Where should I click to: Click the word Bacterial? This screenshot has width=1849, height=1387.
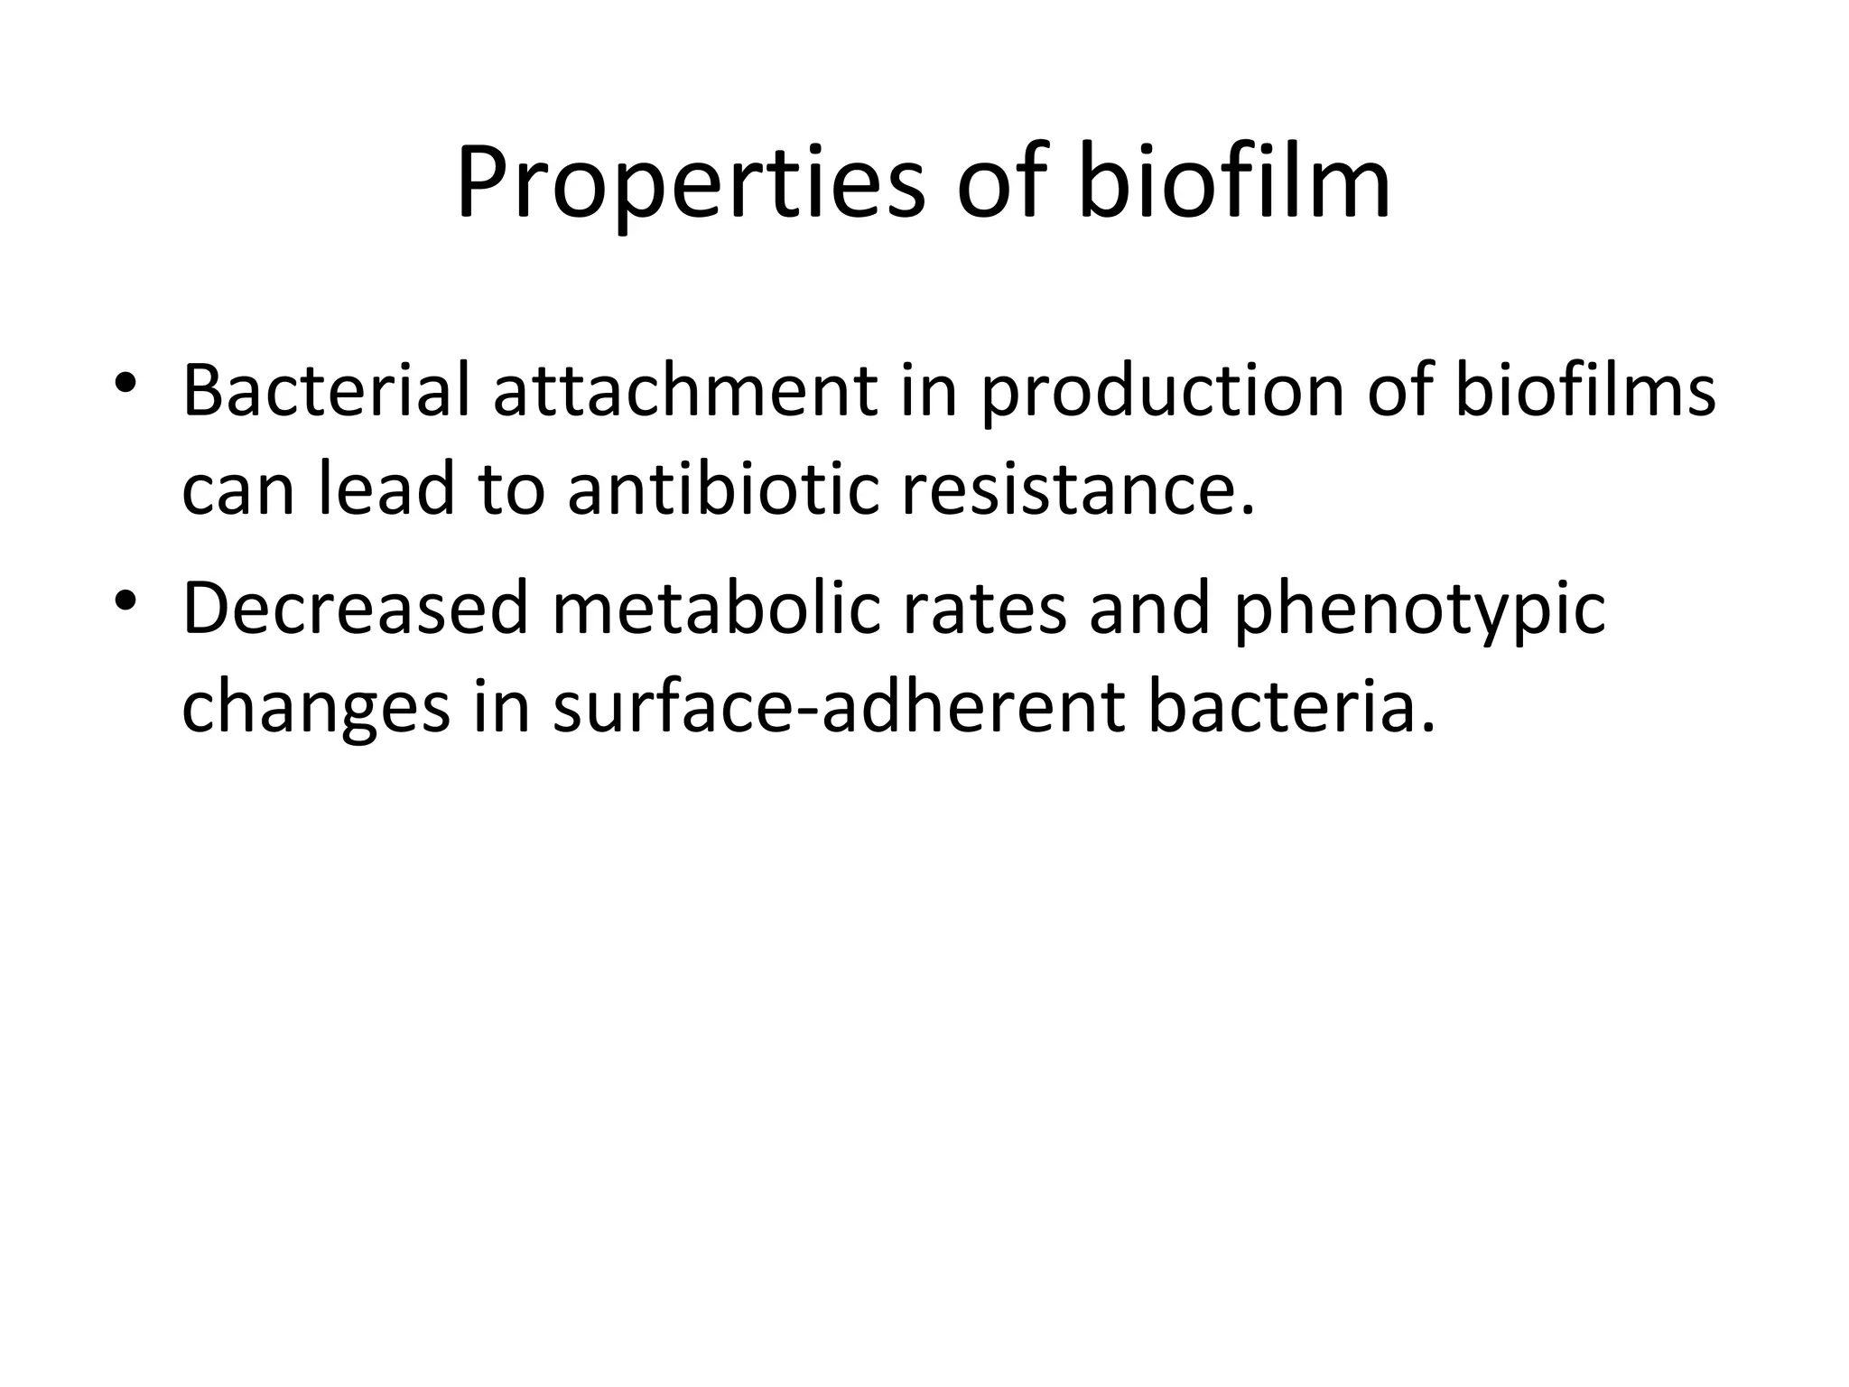326,391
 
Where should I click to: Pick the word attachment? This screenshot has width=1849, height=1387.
685,391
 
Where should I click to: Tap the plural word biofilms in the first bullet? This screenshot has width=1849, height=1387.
1585,391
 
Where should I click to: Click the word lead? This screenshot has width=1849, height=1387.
386,489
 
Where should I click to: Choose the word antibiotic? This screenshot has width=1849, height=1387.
723,489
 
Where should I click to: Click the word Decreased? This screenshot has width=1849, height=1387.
355,609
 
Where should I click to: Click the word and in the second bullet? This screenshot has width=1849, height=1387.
1149,609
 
